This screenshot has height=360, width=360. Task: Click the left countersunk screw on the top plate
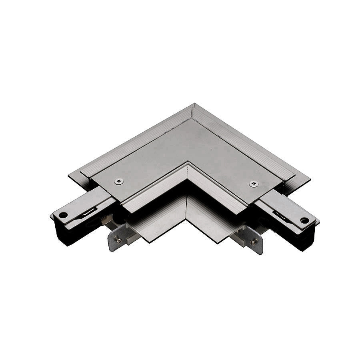point(119,182)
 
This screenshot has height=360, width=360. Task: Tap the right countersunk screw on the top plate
point(254,184)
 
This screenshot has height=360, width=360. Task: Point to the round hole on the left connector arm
point(63,215)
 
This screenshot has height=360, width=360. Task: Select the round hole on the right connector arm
point(304,220)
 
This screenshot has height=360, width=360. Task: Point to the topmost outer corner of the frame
point(193,105)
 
